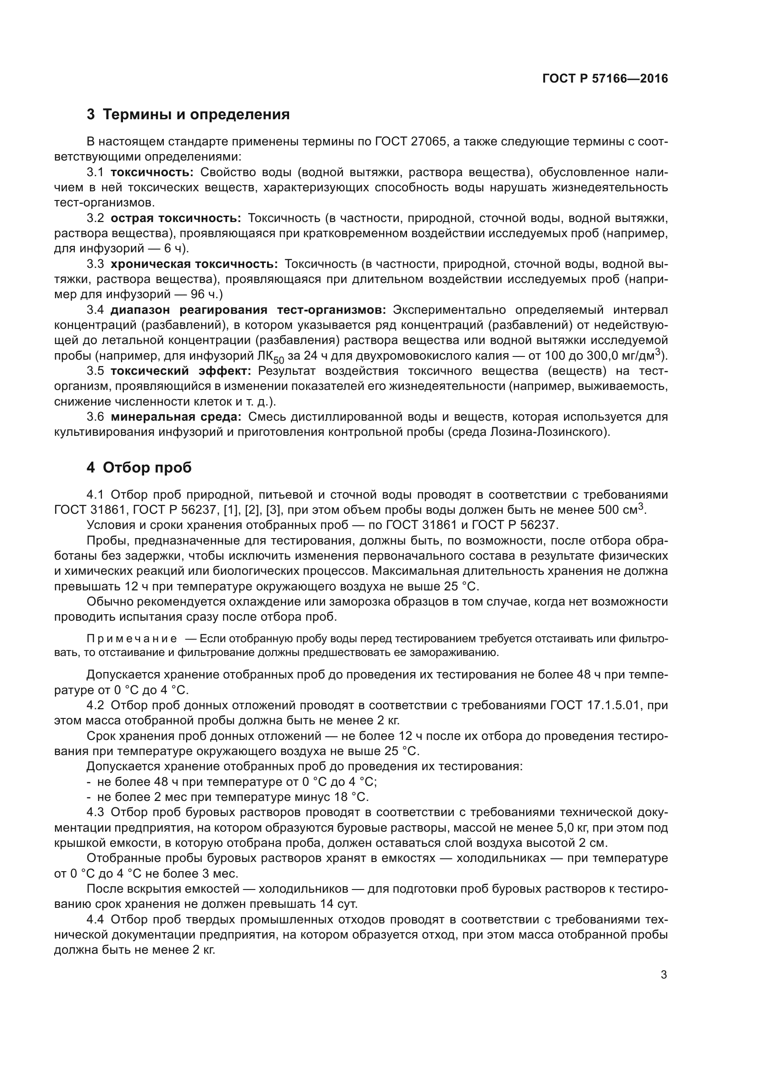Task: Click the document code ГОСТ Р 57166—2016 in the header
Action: pyautogui.click(x=605, y=78)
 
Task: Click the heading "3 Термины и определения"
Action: pyautogui.click(x=188, y=115)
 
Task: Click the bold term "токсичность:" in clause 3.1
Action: pyautogui.click(x=152, y=172)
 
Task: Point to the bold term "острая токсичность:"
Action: pyautogui.click(x=176, y=218)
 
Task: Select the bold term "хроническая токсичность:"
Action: pyautogui.click(x=194, y=264)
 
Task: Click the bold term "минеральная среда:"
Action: pyautogui.click(x=176, y=417)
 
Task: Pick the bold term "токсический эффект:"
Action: pyautogui.click(x=181, y=371)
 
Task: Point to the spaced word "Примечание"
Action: pyautogui.click(x=132, y=639)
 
